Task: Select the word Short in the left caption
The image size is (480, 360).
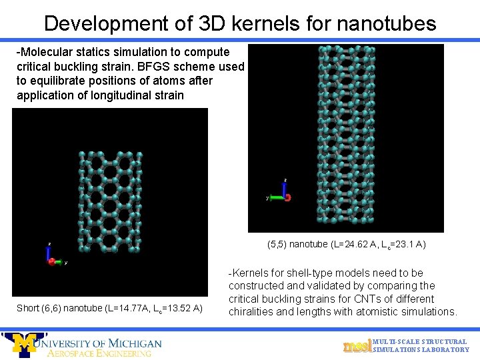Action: click(28, 307)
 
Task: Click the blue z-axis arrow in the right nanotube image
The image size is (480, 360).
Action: click(285, 188)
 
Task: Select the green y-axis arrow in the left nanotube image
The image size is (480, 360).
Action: click(59, 262)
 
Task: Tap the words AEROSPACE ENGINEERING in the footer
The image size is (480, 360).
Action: click(99, 353)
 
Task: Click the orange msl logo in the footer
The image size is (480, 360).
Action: click(356, 345)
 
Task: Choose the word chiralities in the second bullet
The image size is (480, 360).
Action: click(252, 311)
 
